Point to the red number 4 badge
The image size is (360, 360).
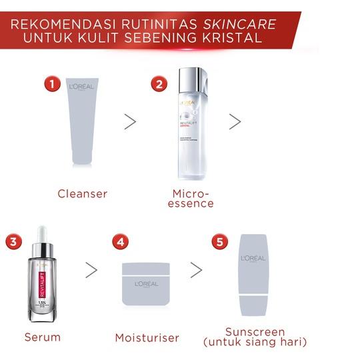(119, 241)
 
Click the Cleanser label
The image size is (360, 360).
(83, 194)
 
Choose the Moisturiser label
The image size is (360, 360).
(147, 337)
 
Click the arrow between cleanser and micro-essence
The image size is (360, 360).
(130, 121)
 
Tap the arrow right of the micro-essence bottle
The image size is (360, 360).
(235, 121)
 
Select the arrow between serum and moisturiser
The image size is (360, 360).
(91, 269)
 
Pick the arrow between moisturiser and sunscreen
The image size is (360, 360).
(196, 269)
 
